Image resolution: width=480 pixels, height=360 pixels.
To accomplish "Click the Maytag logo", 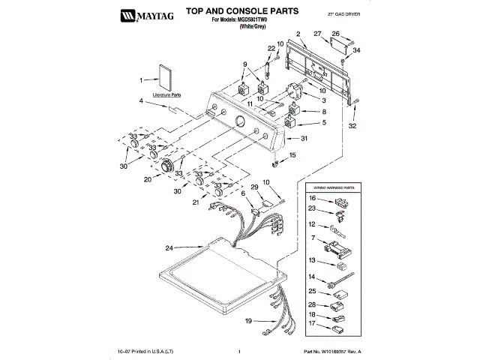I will tap(140, 13).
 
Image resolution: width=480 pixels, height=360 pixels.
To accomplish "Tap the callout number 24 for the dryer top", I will tap(169, 248).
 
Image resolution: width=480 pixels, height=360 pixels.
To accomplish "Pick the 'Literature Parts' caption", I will tap(166, 95).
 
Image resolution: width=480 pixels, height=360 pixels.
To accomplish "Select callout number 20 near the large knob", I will tap(148, 179).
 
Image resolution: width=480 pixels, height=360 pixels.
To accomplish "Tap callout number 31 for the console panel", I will tap(304, 139).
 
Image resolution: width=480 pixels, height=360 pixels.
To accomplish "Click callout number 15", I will tap(292, 155).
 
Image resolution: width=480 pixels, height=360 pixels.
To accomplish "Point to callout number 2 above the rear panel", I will tap(297, 34).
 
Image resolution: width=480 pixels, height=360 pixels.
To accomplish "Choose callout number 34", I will tap(357, 50).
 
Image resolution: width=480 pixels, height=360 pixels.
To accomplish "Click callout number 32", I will tap(353, 125).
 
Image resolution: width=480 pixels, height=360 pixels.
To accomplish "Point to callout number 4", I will tap(140, 100).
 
